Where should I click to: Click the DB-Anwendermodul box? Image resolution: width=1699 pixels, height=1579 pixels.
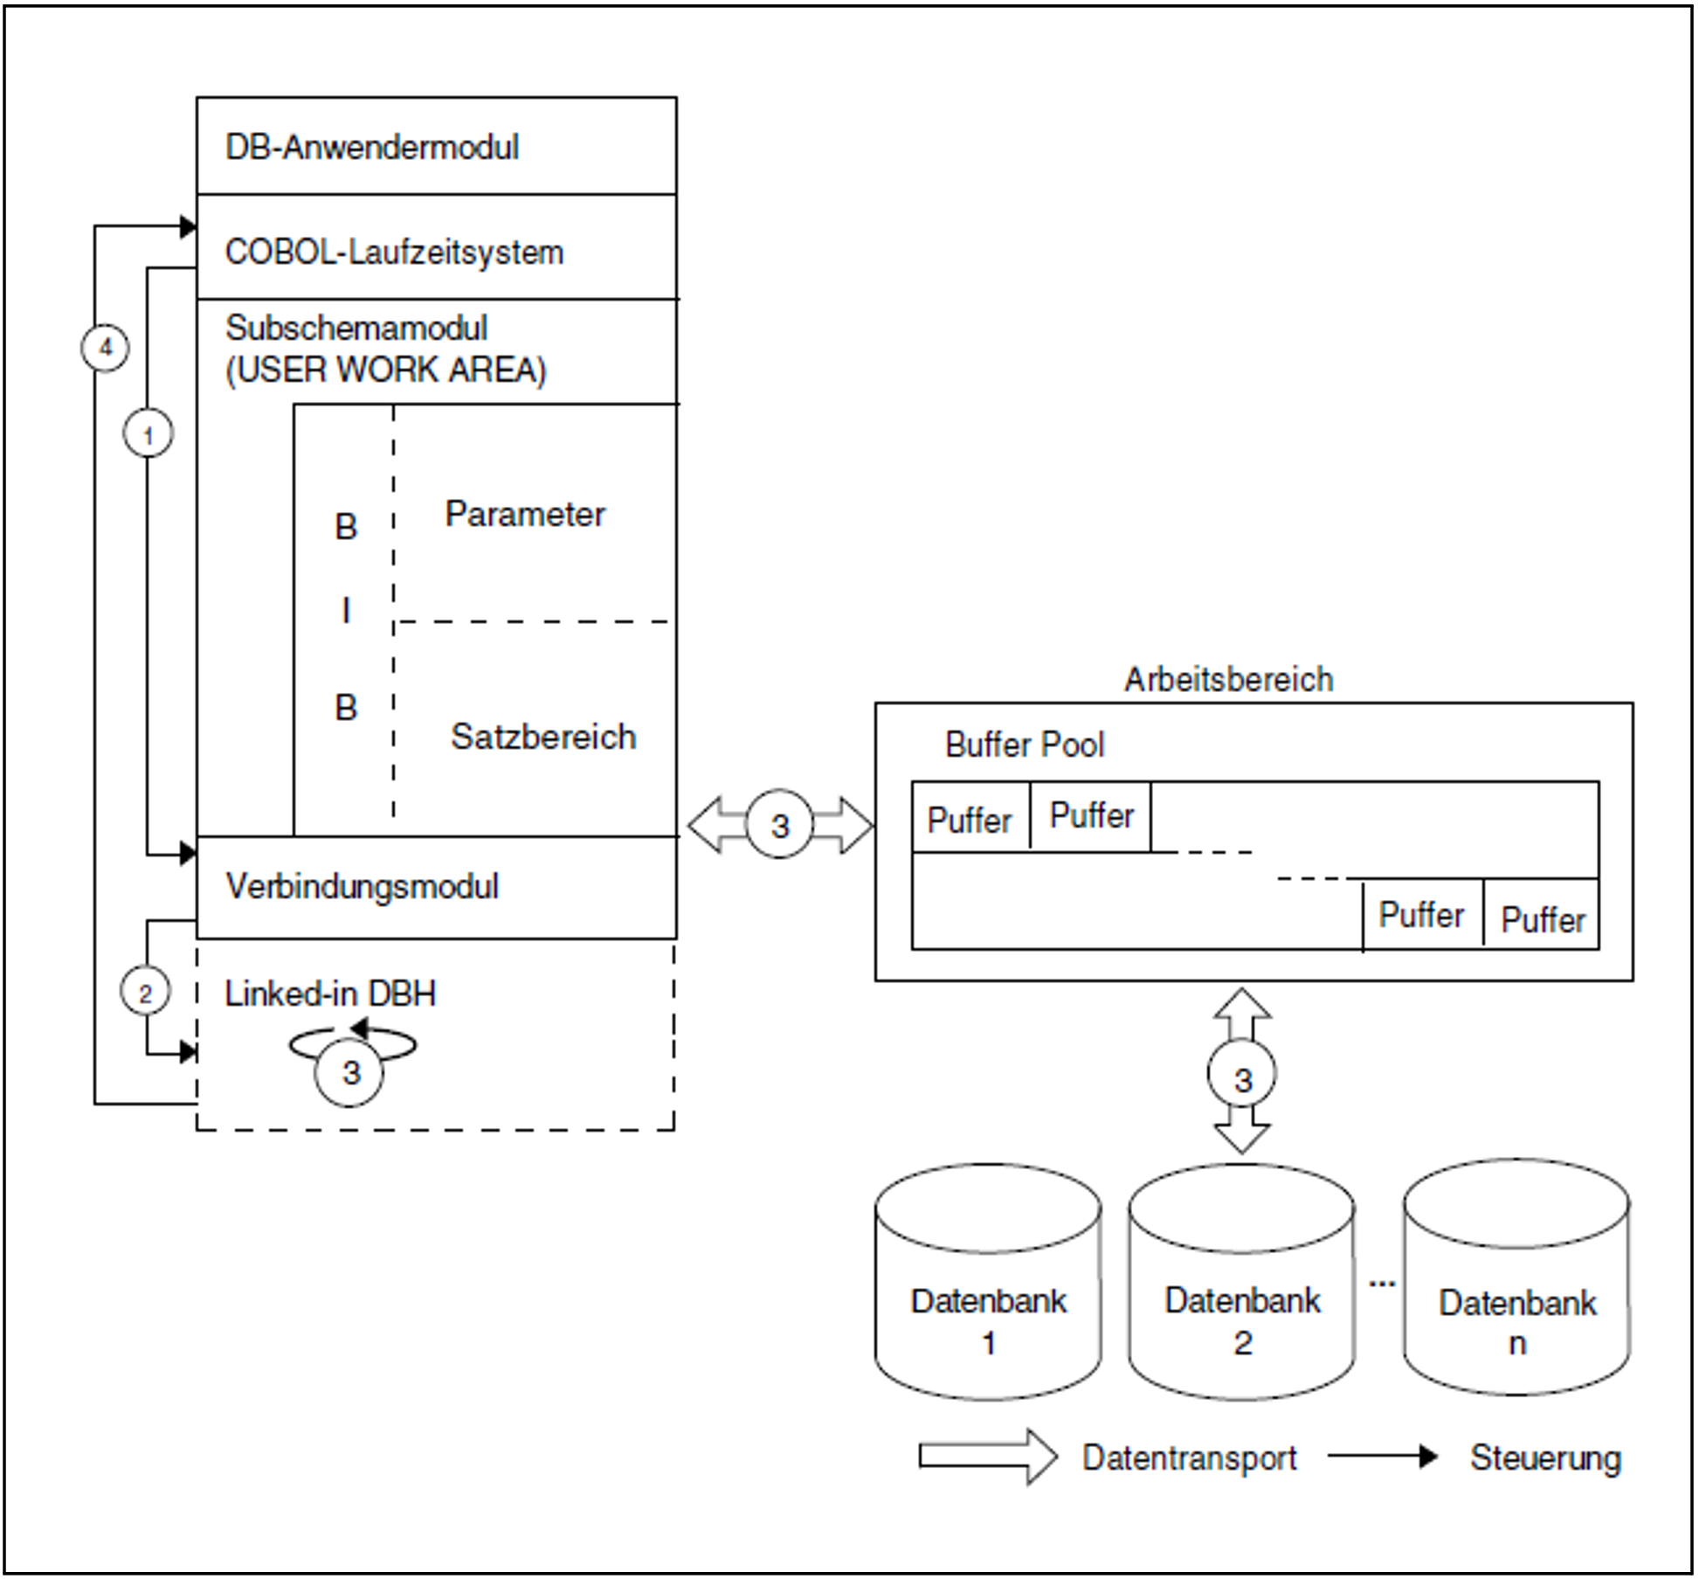pos(436,146)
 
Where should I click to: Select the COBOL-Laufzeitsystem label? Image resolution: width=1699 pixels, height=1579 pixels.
pos(394,253)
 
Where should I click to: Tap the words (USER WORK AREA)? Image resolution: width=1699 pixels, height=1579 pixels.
pos(385,370)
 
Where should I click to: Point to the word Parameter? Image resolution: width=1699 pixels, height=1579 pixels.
pos(524,514)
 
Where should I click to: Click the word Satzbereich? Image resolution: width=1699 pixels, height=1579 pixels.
pos(542,737)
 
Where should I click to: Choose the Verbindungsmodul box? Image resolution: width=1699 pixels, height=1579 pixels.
pos(436,887)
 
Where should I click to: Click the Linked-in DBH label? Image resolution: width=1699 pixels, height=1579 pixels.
pos(329,994)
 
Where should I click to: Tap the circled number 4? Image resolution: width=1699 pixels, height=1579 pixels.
pos(106,348)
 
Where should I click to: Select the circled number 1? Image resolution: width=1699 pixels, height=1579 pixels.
pos(148,434)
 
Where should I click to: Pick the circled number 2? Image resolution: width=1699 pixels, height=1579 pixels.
pos(145,992)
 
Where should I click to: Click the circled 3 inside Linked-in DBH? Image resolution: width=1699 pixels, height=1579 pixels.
pos(350,1072)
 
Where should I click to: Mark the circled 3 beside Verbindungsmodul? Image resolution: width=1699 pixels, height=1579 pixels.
pos(779,825)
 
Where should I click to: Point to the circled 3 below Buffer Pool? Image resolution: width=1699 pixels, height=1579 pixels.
pos(1242,1078)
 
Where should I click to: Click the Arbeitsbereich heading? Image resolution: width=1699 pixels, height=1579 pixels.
pos(1228,679)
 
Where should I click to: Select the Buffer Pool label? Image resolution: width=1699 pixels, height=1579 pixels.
pos(1024,744)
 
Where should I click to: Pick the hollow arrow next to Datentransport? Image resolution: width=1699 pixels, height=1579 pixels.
pos(987,1457)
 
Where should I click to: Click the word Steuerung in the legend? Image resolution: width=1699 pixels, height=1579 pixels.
pos(1544,1458)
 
